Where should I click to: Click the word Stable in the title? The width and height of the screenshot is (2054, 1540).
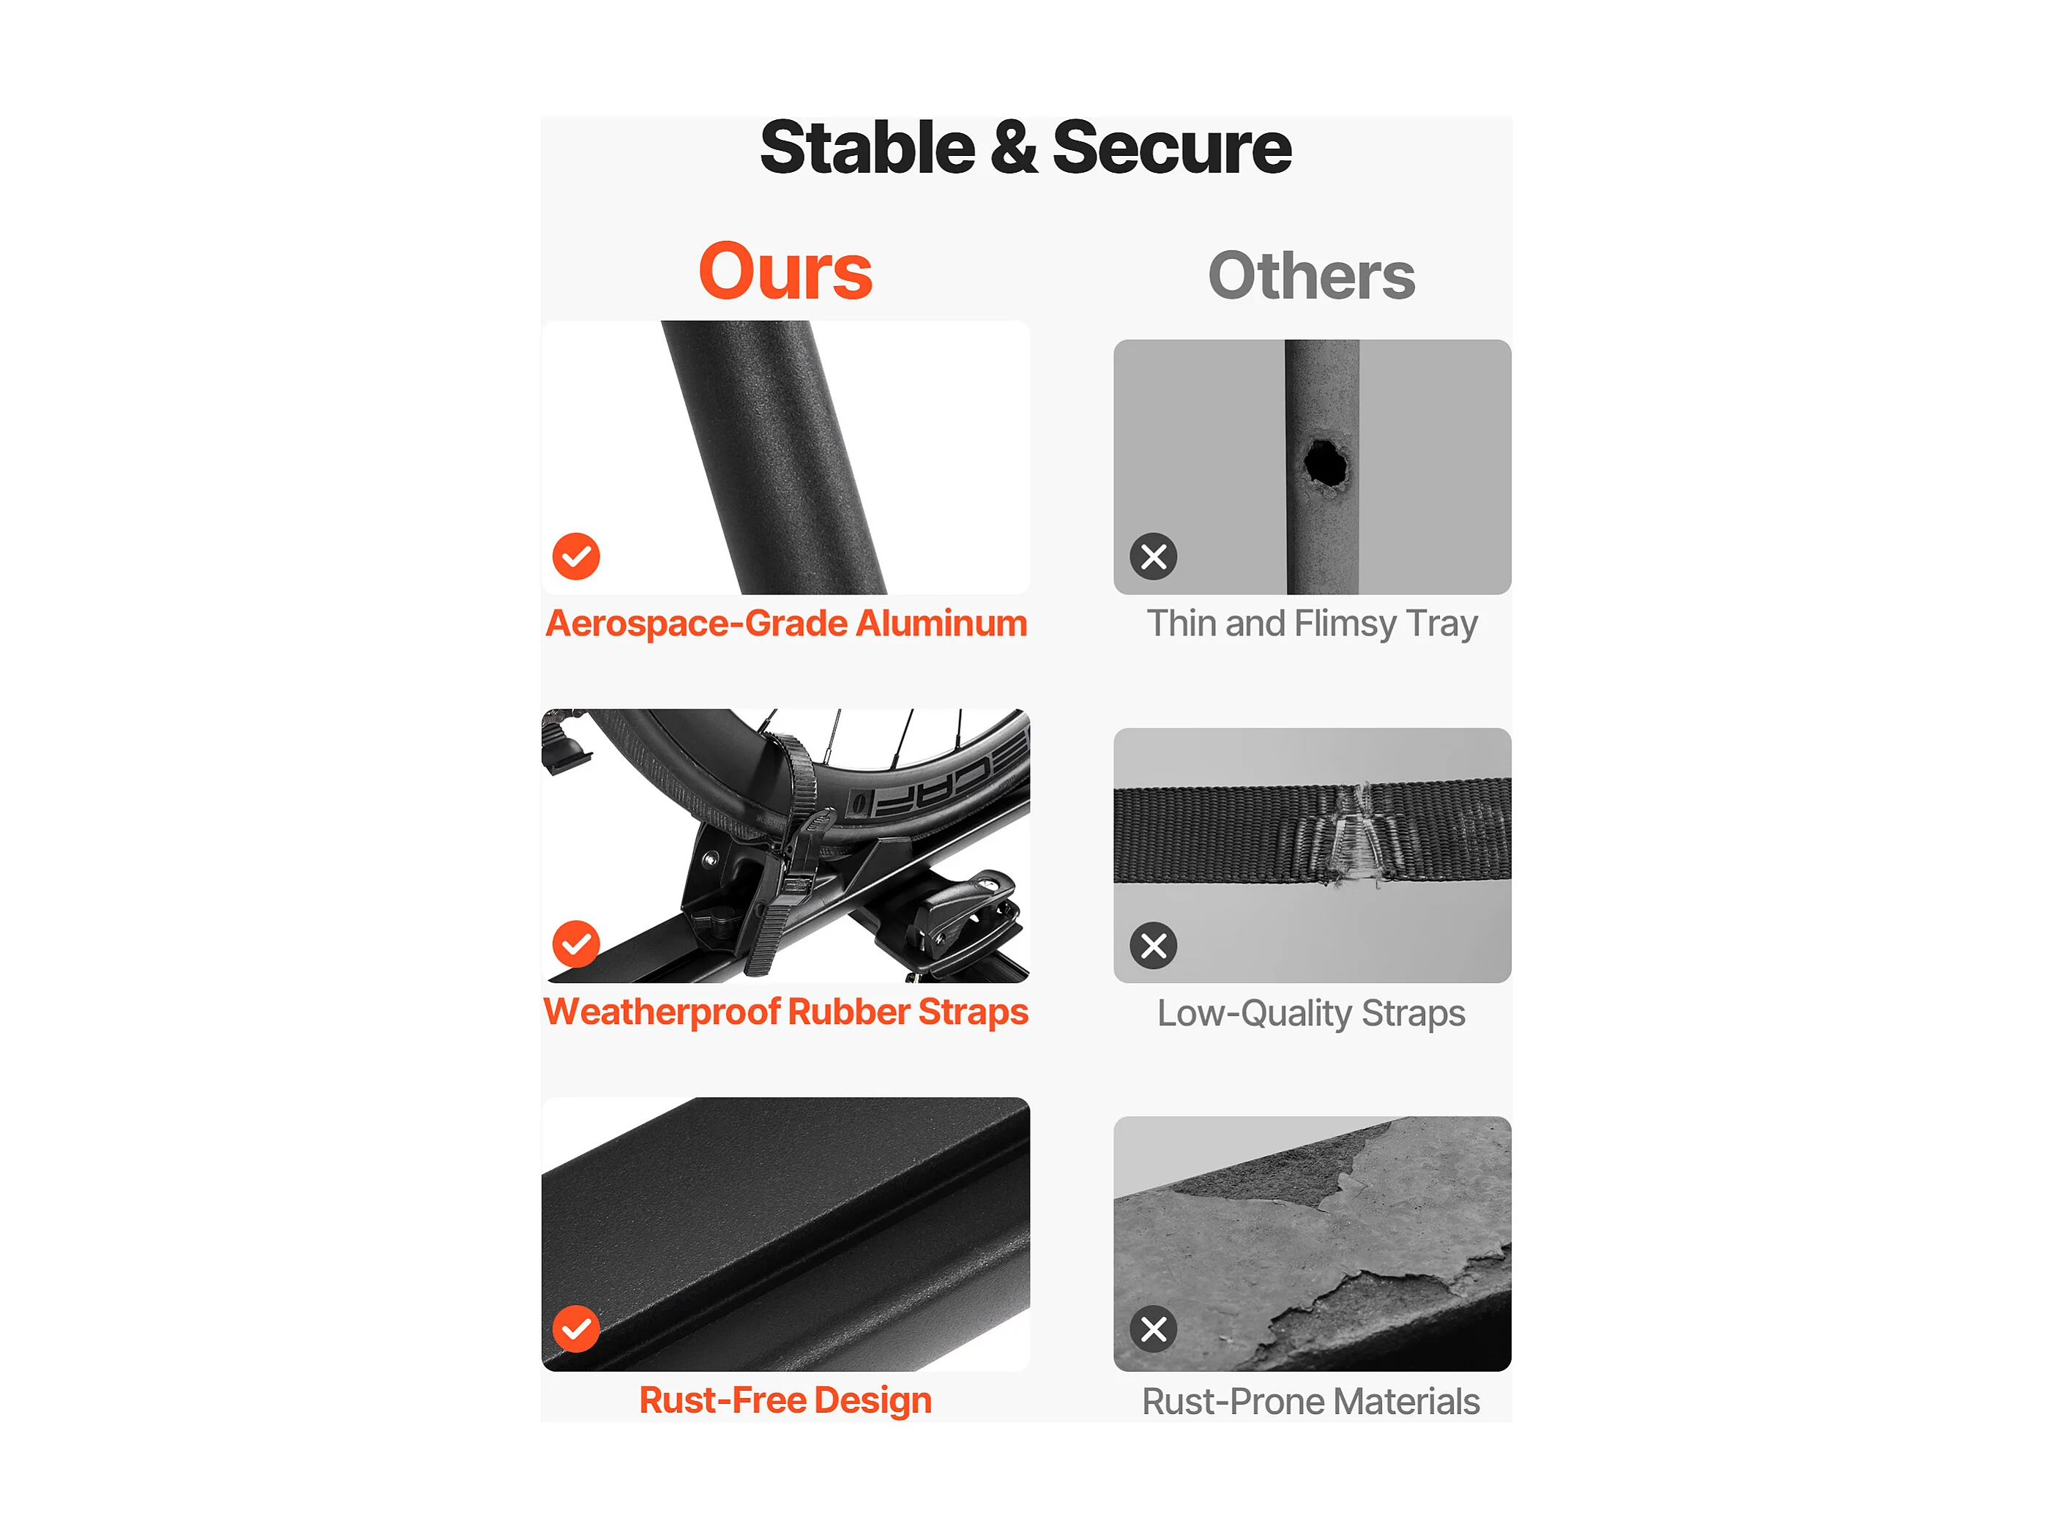point(867,149)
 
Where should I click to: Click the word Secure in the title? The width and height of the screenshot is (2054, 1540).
point(1172,149)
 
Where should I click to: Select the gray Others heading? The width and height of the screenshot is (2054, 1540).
point(1311,276)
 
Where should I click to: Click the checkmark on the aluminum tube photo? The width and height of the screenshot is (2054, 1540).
point(575,556)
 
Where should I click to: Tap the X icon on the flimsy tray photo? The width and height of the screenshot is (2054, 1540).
point(1154,557)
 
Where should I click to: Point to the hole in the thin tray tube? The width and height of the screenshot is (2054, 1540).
point(1325,463)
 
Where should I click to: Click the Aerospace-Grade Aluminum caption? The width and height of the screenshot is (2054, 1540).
point(786,624)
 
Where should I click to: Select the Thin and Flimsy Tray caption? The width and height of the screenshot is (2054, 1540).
point(1312,624)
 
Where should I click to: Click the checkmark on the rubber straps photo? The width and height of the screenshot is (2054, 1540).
point(575,944)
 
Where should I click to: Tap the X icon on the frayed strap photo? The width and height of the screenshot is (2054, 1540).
point(1154,946)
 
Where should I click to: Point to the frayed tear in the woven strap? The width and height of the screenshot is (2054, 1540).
point(1358,834)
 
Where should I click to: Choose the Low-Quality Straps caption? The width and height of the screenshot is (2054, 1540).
point(1311,1014)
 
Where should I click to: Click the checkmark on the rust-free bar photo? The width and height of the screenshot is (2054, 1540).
point(575,1329)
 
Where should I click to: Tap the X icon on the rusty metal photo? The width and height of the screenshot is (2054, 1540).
point(1154,1329)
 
